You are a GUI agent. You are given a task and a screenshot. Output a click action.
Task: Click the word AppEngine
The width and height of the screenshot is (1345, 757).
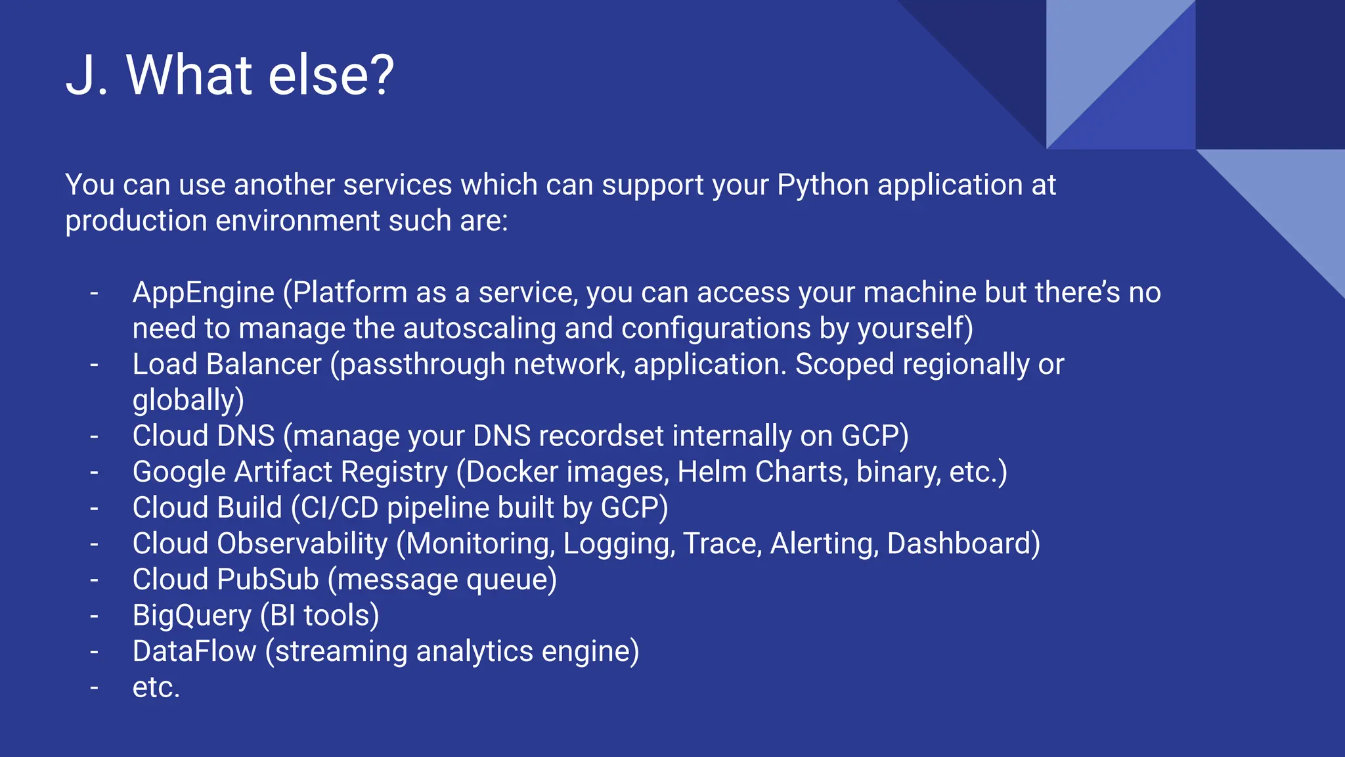click(204, 293)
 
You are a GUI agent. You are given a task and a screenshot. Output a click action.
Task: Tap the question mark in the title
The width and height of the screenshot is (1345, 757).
click(377, 75)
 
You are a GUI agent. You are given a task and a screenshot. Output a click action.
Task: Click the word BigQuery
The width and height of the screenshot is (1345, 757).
click(192, 616)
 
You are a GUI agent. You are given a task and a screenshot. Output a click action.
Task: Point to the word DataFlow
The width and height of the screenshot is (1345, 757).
click(194, 652)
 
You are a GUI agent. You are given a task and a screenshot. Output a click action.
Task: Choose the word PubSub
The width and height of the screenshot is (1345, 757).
click(267, 580)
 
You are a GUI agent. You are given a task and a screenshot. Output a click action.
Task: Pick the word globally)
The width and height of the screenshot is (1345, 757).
click(188, 401)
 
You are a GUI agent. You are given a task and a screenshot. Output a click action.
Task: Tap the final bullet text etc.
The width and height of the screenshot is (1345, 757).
click(156, 688)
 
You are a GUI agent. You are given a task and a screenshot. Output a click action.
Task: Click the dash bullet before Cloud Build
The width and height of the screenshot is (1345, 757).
click(95, 508)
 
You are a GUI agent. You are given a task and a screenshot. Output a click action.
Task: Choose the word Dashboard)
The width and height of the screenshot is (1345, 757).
click(963, 544)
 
